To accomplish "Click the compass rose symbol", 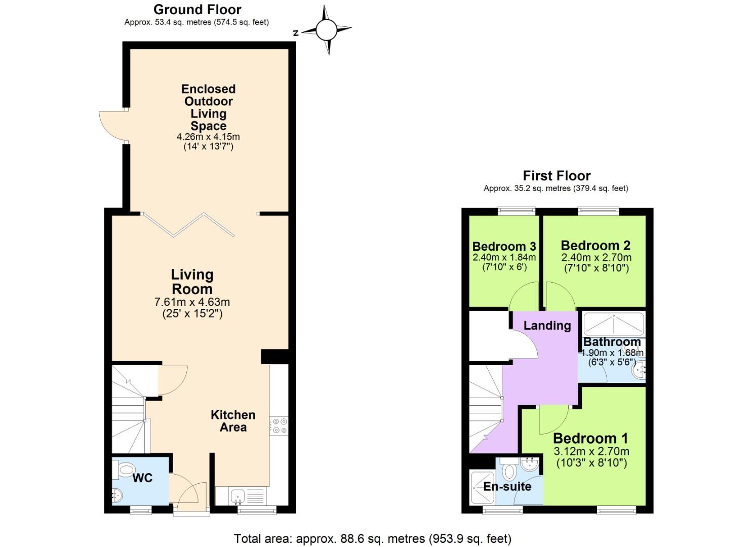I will [x=327, y=30].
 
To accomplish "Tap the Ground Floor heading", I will [x=197, y=9].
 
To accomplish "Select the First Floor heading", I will [x=556, y=176].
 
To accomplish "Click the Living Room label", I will [x=191, y=282].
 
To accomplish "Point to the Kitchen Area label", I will [x=232, y=421].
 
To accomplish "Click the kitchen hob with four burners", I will [x=279, y=425].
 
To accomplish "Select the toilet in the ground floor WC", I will [x=125, y=469].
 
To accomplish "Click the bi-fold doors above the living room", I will [x=188, y=224].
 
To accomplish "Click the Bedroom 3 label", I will [x=504, y=246].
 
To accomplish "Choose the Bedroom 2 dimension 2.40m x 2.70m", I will [x=596, y=257].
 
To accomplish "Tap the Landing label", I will [x=547, y=326].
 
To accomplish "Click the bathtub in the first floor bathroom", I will [x=613, y=324].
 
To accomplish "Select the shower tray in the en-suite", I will [x=482, y=487].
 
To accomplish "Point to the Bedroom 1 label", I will [x=590, y=438].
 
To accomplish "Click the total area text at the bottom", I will [x=372, y=538].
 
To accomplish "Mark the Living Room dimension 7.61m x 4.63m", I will [x=191, y=302].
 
